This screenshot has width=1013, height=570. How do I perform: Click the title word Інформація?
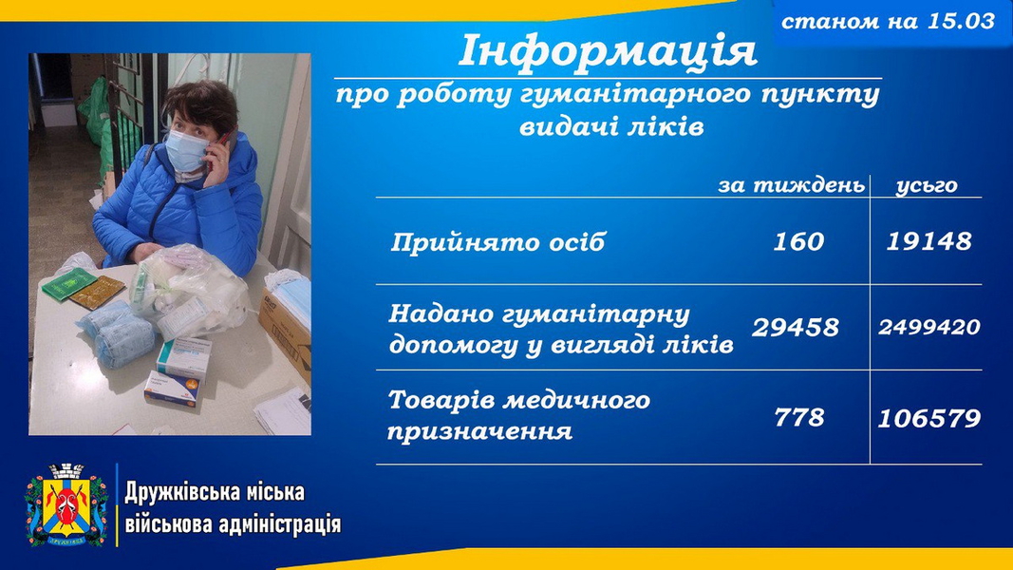608,52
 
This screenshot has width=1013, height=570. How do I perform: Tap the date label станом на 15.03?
888,22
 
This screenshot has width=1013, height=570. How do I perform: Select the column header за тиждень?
792,185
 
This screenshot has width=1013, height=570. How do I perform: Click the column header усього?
927,186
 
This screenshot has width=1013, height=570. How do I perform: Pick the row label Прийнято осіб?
497,242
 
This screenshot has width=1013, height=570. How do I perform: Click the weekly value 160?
798,241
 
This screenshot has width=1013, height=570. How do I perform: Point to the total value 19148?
929,241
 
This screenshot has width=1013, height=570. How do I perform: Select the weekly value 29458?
796,328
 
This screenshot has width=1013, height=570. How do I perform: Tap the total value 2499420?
929,327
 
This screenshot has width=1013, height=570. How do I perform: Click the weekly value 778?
799,417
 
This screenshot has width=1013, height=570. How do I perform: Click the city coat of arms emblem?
66,504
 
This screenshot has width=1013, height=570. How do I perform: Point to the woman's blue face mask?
187,150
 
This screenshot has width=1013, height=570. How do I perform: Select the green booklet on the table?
69,283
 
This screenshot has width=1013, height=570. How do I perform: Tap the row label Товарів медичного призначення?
518,415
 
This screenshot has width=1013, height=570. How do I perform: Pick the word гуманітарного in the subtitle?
635,95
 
